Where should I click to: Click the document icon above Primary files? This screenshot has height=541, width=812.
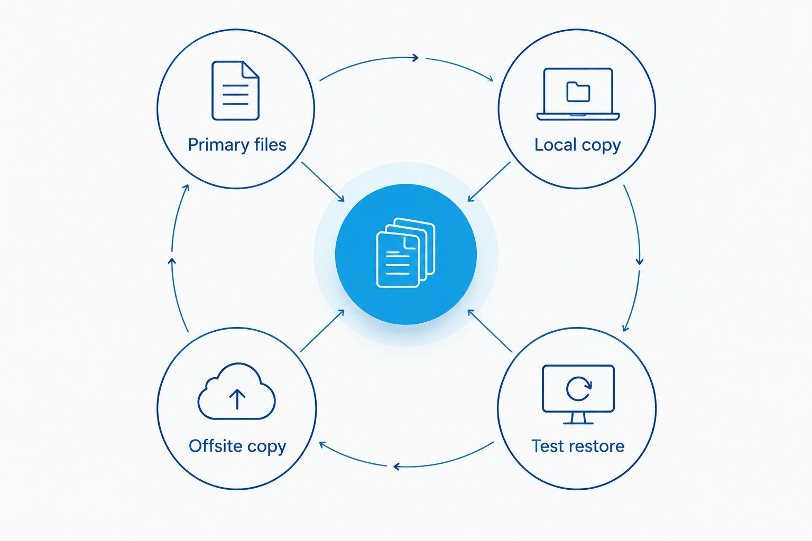pos(235,90)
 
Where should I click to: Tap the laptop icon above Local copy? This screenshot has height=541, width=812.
pos(578,94)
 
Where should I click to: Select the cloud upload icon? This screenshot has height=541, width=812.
pos(236,391)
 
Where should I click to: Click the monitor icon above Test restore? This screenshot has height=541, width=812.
pos(578,394)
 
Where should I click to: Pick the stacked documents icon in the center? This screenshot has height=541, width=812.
pos(405,253)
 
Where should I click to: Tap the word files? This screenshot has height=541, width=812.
pos(270,144)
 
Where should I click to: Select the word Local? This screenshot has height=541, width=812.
pos(556,145)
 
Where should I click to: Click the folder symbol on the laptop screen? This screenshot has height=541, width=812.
pos(578,92)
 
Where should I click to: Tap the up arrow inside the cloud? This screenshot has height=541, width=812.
pos(237,399)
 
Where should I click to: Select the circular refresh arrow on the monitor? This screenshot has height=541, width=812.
pos(579,389)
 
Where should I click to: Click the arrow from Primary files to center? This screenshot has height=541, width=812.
pos(323,182)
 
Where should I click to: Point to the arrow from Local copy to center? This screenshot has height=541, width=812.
pos(489,182)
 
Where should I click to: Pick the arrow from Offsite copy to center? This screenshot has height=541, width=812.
pos(322,331)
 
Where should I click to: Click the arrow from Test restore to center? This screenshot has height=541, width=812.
pos(490,331)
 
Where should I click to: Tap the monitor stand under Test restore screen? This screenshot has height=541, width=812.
pos(578,418)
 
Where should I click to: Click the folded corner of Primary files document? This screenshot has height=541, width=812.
pos(251,69)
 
